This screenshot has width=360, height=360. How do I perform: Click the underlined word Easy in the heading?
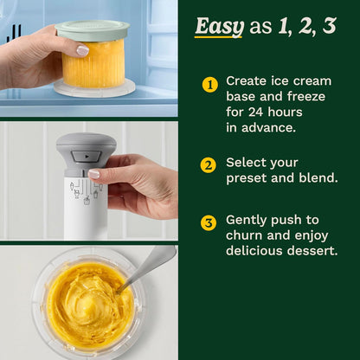click(x=219, y=26)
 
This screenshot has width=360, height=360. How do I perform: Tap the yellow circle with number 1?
click(x=209, y=85)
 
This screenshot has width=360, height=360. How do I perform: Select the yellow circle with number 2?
click(x=209, y=165)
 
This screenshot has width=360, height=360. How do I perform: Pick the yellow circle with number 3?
click(x=209, y=223)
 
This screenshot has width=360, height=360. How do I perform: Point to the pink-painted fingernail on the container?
click(x=82, y=51)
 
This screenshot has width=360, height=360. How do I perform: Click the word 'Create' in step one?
click(x=247, y=80)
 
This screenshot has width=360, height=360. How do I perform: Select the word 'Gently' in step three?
click(x=247, y=220)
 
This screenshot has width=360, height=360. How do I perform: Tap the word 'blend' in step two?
click(x=315, y=178)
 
